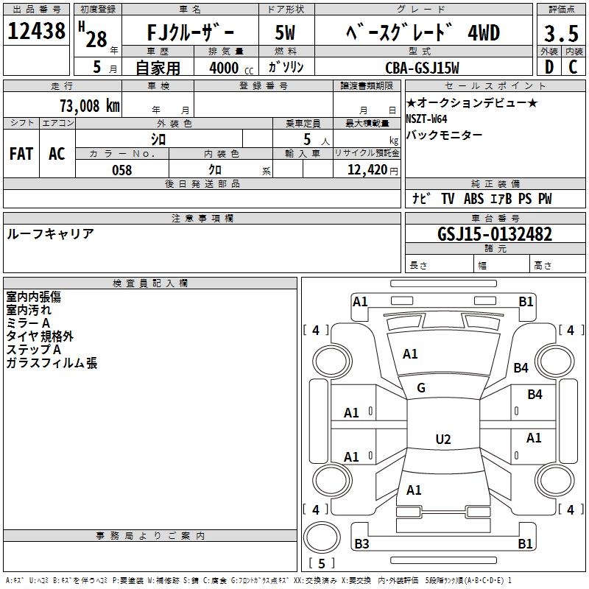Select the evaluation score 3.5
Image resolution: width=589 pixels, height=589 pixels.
559,33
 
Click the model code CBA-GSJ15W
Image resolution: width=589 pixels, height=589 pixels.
422,68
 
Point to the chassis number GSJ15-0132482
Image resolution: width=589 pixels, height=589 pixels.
495,234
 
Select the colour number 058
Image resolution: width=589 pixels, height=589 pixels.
121,170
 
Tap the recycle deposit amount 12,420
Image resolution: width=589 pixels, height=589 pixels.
366,170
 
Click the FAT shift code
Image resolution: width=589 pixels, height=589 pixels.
21,154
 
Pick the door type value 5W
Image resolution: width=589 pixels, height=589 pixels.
285,32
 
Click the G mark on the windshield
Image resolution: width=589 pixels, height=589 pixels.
421,387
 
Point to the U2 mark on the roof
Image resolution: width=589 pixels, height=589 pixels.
442,440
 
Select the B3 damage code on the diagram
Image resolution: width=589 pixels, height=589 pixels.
361,544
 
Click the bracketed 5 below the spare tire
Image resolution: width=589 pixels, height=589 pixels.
321,564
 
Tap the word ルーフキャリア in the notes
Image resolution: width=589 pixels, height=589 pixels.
50,233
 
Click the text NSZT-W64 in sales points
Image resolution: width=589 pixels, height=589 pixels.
426,119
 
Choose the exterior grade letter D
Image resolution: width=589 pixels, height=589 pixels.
548,68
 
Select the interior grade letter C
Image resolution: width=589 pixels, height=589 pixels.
573,68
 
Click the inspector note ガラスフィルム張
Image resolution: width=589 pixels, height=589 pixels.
52,363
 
